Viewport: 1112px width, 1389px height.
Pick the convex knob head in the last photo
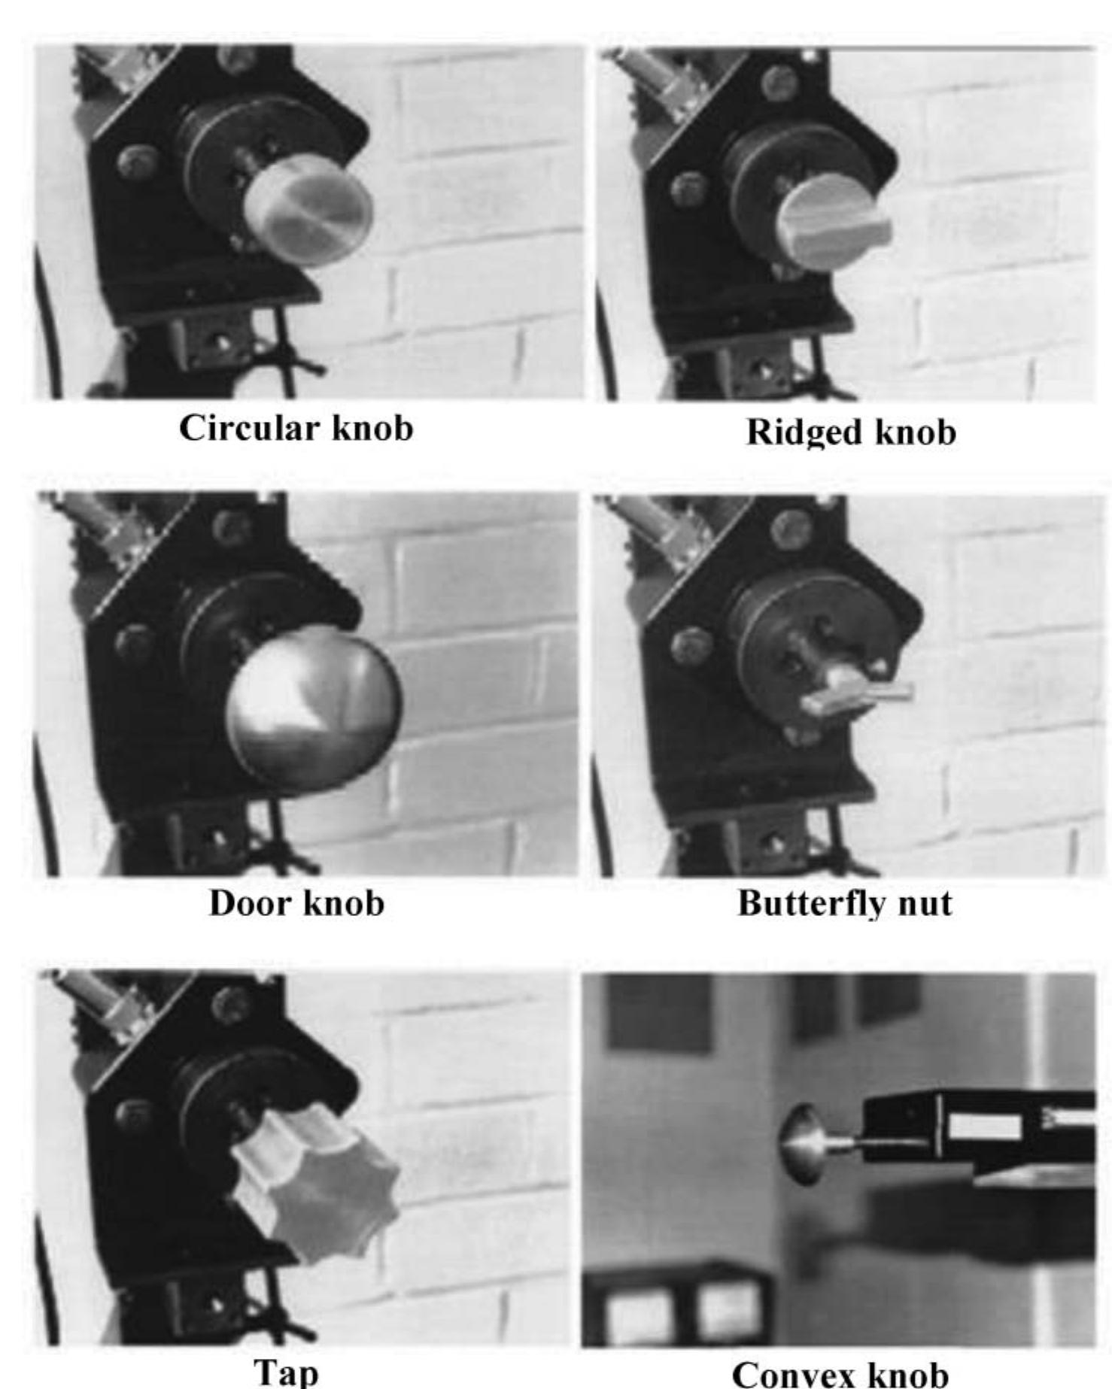802,1143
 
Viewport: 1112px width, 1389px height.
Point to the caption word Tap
286,1371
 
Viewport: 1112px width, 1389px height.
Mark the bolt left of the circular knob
138,162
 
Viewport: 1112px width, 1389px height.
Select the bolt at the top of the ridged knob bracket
780,81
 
